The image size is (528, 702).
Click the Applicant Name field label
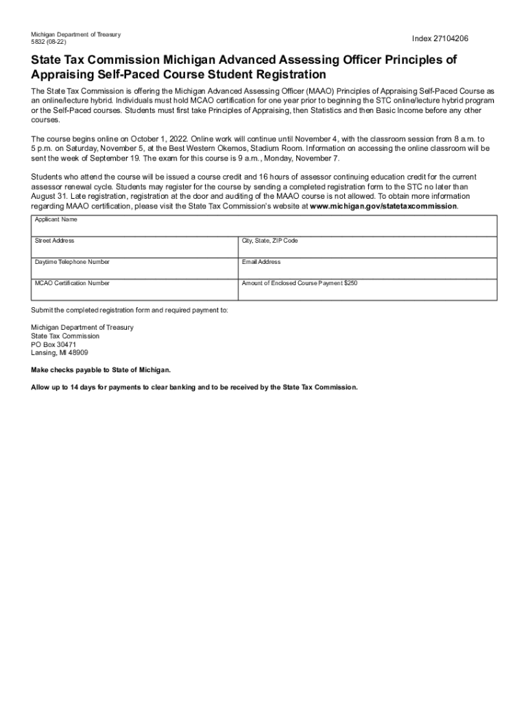(56, 219)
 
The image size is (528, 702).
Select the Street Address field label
(55, 241)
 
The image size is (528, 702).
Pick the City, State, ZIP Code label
(270, 241)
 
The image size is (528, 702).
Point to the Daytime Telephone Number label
(72, 262)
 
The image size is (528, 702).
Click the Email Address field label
(261, 262)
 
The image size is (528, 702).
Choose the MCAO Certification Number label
(72, 283)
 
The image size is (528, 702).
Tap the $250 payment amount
(350, 283)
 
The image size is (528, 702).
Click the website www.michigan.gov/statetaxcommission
(383, 206)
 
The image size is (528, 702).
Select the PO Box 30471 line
(53, 345)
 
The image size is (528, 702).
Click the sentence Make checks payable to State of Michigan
(101, 370)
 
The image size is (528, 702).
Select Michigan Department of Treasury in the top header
(75, 34)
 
